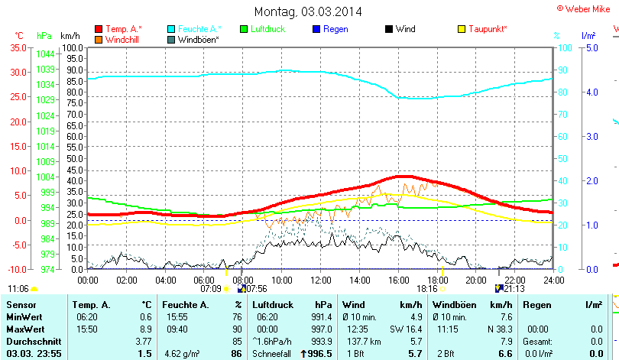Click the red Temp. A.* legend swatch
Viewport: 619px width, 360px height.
pos(99,29)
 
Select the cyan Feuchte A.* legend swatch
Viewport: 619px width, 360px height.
pos(171,29)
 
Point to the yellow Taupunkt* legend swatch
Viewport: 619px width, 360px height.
pos(461,29)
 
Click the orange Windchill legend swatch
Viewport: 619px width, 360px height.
pos(99,39)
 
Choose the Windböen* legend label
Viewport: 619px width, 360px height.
pos(198,39)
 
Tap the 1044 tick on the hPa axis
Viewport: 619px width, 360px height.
pos(45,54)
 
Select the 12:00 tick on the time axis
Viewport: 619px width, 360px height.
pos(322,281)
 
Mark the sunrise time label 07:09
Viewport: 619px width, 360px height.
pos(210,289)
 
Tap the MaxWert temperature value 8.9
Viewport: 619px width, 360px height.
pos(146,328)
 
